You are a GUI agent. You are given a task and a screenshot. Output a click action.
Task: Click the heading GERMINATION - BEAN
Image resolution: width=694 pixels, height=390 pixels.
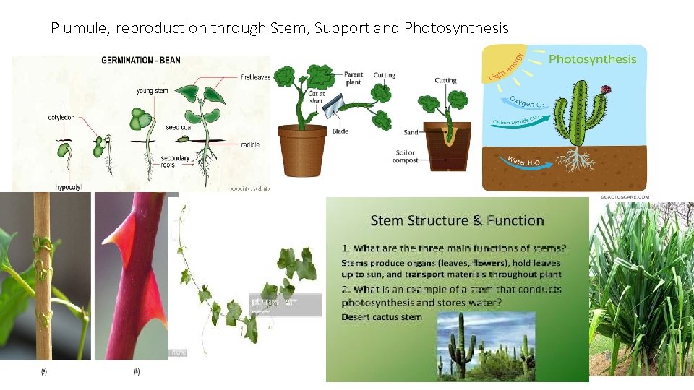[141, 59]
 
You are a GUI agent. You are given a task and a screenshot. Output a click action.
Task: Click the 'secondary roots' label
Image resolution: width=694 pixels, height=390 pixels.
[175, 162]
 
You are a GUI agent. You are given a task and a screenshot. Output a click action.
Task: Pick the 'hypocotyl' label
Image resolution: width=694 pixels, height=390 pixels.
[69, 187]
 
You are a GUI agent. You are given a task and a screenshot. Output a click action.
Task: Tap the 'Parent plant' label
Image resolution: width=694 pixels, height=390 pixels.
[354, 78]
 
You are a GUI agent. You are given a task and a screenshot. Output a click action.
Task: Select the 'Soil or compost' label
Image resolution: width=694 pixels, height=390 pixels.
[405, 157]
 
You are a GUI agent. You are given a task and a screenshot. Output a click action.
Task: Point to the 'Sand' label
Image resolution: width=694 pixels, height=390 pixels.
[411, 133]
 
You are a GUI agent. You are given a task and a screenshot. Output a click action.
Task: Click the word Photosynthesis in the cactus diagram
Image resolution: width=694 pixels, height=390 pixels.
[592, 59]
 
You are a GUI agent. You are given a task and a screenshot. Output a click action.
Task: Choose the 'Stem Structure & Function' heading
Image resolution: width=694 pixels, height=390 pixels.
[457, 220]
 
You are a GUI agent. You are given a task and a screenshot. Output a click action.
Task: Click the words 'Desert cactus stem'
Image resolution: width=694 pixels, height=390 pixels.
[382, 316]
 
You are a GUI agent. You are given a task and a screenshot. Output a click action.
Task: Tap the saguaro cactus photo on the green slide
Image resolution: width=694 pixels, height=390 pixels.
[487, 345]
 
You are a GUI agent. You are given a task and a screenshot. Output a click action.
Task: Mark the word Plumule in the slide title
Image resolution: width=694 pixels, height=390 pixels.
[80, 28]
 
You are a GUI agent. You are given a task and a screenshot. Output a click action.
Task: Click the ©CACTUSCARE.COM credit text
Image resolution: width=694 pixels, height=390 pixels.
[625, 196]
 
